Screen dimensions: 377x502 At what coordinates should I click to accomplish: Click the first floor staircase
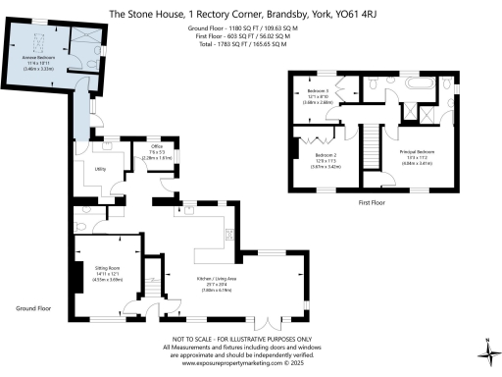(372, 157)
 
